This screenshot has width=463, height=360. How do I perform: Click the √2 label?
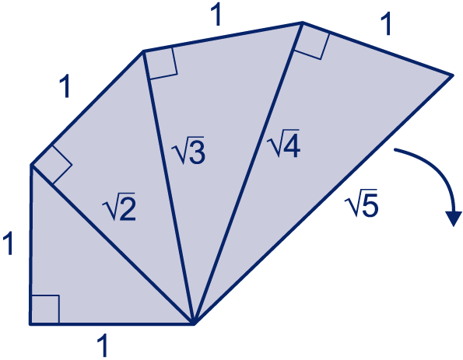[x=119, y=206]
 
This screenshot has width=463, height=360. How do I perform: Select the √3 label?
[x=188, y=150]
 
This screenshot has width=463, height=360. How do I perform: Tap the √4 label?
[x=283, y=143]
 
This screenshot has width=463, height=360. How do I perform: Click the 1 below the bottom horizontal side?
[x=103, y=345]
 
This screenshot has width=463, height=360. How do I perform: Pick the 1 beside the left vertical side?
[x=8, y=243]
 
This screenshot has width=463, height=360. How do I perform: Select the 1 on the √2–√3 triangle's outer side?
[x=65, y=86]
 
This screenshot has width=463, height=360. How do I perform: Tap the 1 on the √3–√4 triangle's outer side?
[x=216, y=15]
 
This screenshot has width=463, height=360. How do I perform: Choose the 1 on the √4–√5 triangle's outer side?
[x=386, y=24]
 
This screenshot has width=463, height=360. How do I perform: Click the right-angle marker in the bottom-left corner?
[x=45, y=309]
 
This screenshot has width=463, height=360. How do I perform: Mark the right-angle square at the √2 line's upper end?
[x=52, y=165]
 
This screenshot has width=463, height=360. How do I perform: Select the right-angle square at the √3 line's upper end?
[x=161, y=64]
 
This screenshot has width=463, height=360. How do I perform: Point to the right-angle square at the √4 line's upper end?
[x=313, y=41]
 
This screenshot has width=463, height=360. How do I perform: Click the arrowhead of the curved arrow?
[x=454, y=218]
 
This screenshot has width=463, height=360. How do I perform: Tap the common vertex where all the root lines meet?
[x=194, y=324]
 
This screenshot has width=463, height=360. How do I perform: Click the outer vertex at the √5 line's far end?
[x=452, y=75]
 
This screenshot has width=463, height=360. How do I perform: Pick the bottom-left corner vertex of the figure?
[x=30, y=324]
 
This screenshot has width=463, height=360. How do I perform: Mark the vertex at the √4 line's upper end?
[x=302, y=23]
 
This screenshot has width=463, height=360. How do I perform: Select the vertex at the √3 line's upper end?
[x=143, y=51]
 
